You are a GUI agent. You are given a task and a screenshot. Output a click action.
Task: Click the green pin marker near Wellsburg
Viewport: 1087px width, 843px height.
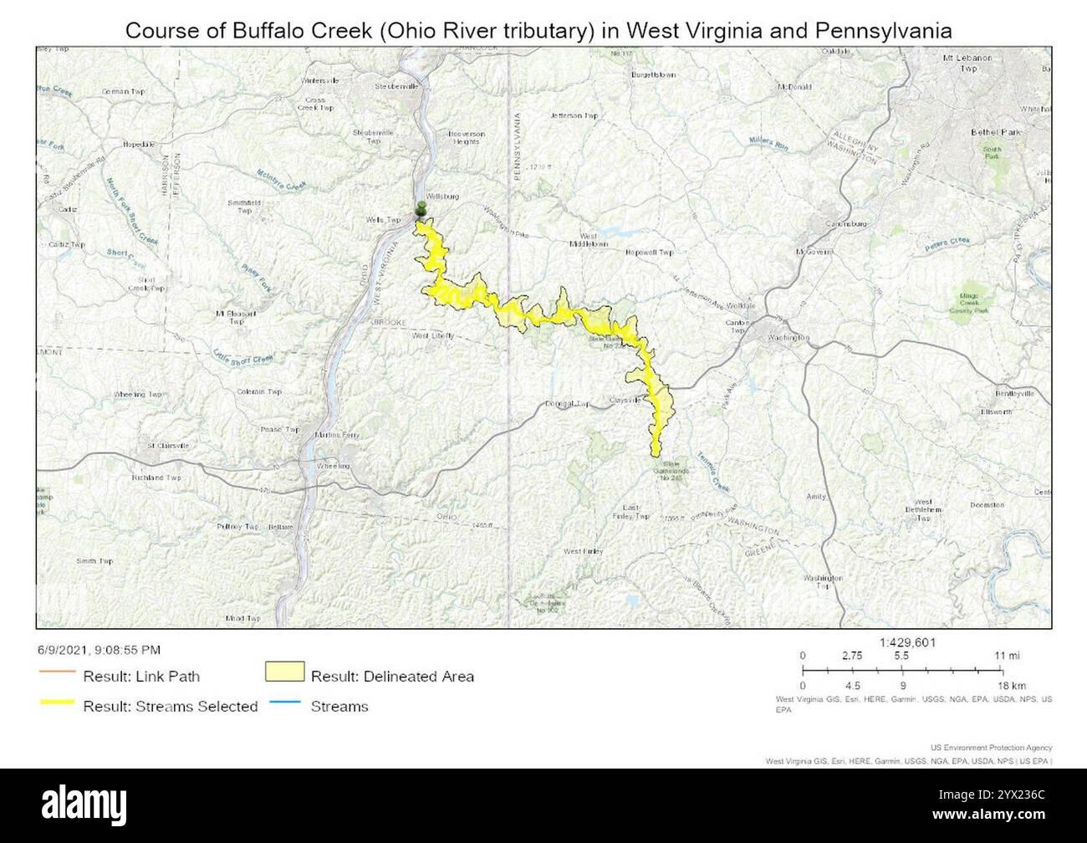point(421,209)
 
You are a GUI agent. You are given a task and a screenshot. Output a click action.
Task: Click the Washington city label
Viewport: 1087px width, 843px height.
point(788,338)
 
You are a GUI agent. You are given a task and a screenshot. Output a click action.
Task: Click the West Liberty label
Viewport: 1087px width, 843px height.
point(433,335)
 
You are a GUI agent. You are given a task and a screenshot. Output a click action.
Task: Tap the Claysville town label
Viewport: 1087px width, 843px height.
point(625,400)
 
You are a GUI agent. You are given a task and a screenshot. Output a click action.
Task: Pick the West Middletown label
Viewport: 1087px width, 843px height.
point(600,240)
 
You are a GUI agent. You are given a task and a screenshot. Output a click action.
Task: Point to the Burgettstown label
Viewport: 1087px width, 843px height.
point(654,74)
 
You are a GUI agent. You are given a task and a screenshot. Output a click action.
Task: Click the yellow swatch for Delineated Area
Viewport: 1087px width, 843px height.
point(284,673)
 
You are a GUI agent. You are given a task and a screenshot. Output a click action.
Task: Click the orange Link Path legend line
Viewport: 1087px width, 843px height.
point(57,675)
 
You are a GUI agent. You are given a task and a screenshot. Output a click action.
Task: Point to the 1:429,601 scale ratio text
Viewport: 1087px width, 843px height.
point(907,642)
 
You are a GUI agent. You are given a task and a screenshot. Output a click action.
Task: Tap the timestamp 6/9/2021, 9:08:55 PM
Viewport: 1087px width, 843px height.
point(99,650)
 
